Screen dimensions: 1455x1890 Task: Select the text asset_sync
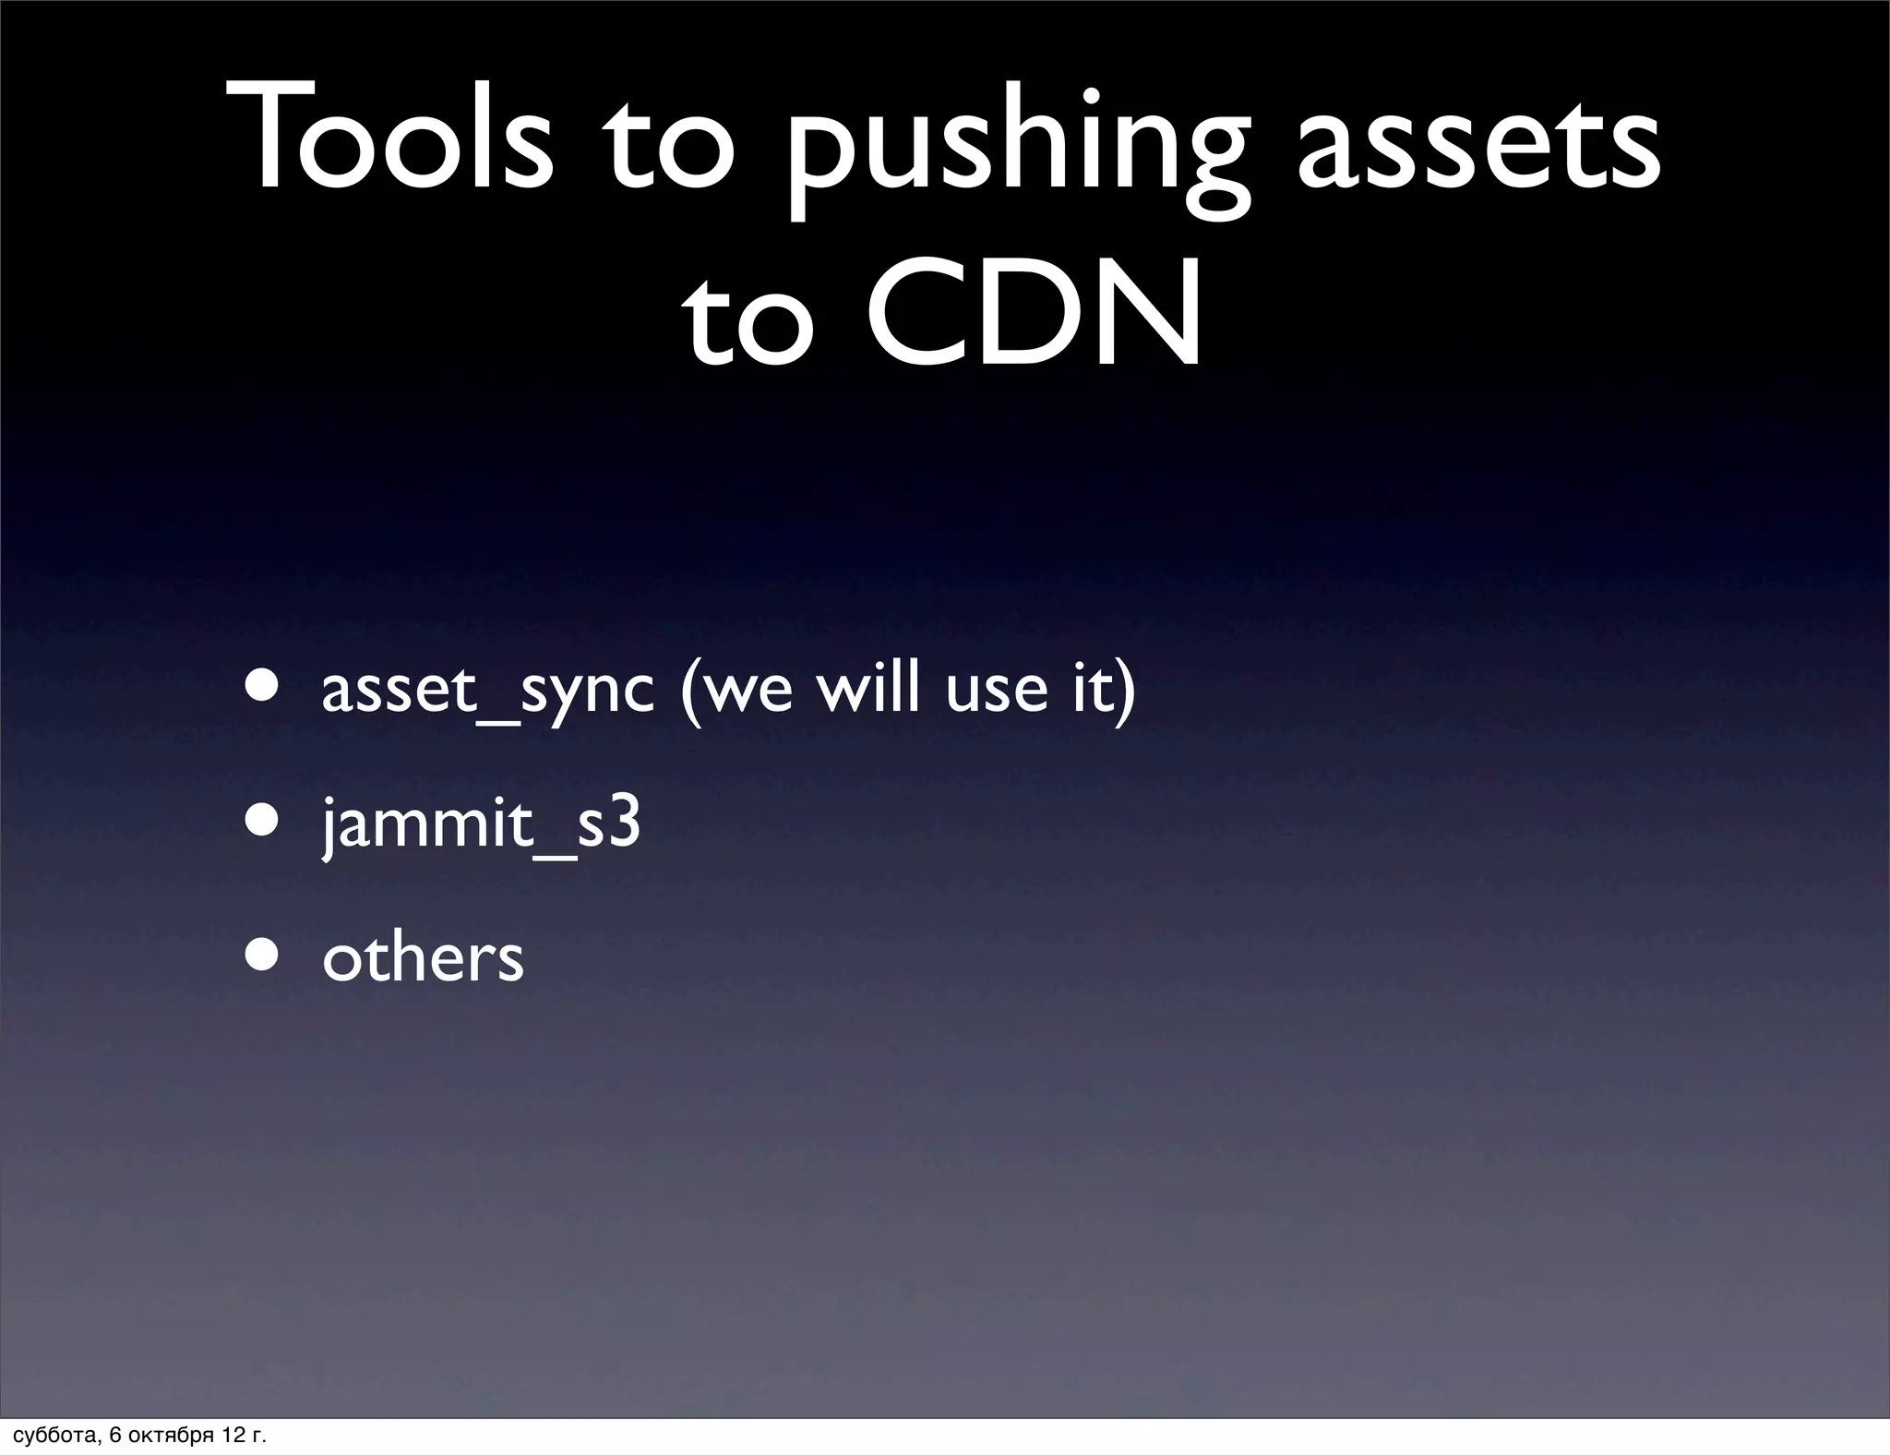[x=487, y=691]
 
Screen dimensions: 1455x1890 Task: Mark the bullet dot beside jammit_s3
[x=263, y=822]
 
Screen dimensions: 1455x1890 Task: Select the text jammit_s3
[x=481, y=824]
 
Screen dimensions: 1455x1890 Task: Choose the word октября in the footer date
[x=170, y=1436]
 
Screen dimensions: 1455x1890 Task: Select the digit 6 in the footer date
[x=114, y=1436]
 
